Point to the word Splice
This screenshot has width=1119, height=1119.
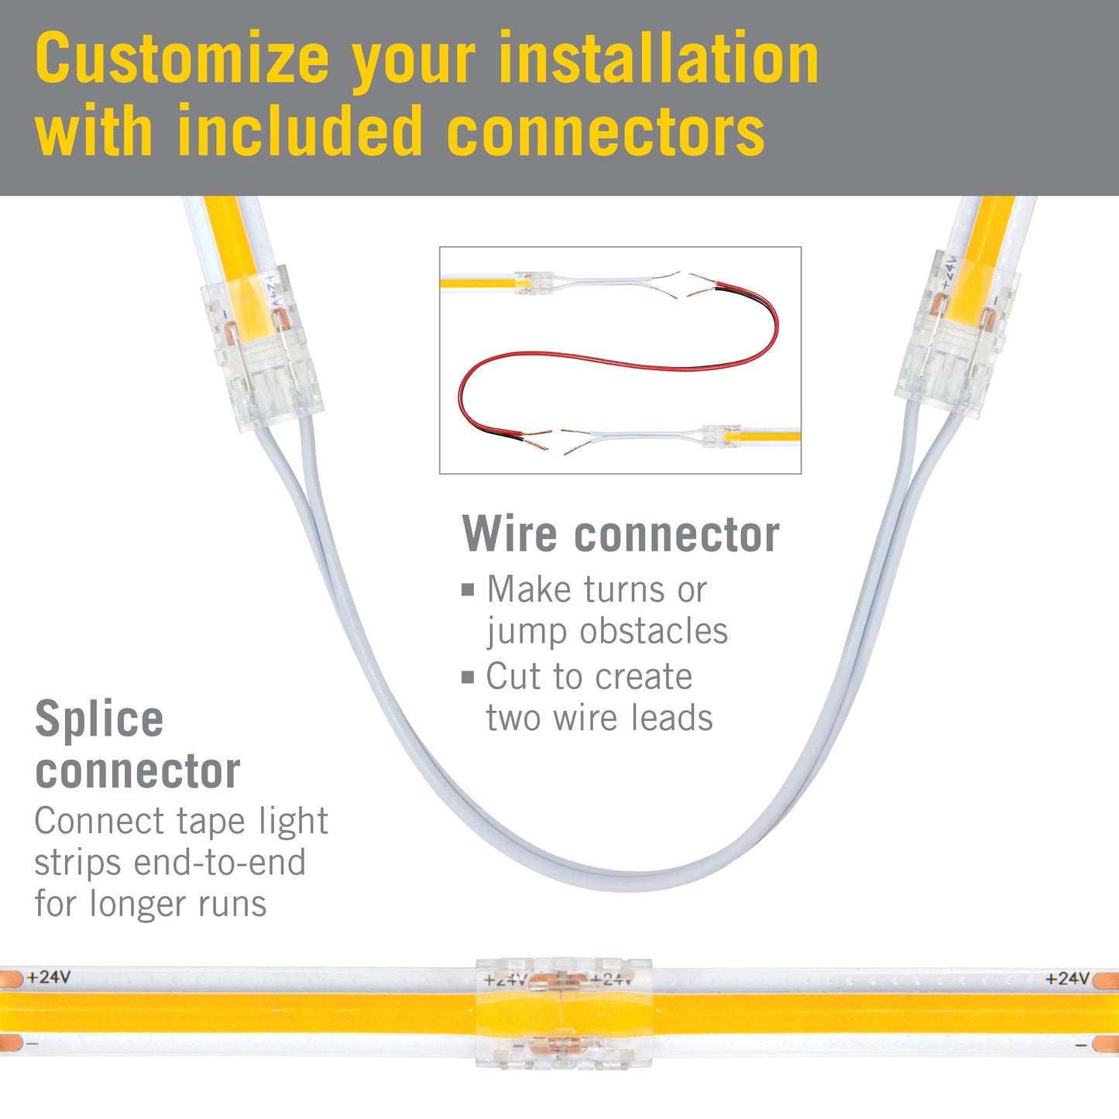point(99,720)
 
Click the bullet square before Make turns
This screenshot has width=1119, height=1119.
point(468,591)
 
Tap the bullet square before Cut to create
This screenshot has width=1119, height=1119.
point(468,677)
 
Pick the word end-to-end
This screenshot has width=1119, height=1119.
point(219,863)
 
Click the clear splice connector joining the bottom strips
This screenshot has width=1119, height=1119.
point(563,1012)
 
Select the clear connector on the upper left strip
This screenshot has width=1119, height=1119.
point(261,349)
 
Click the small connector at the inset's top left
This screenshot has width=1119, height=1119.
point(534,283)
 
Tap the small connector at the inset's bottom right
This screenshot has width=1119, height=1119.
point(721,435)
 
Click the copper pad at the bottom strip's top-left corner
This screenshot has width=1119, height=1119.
point(11,979)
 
